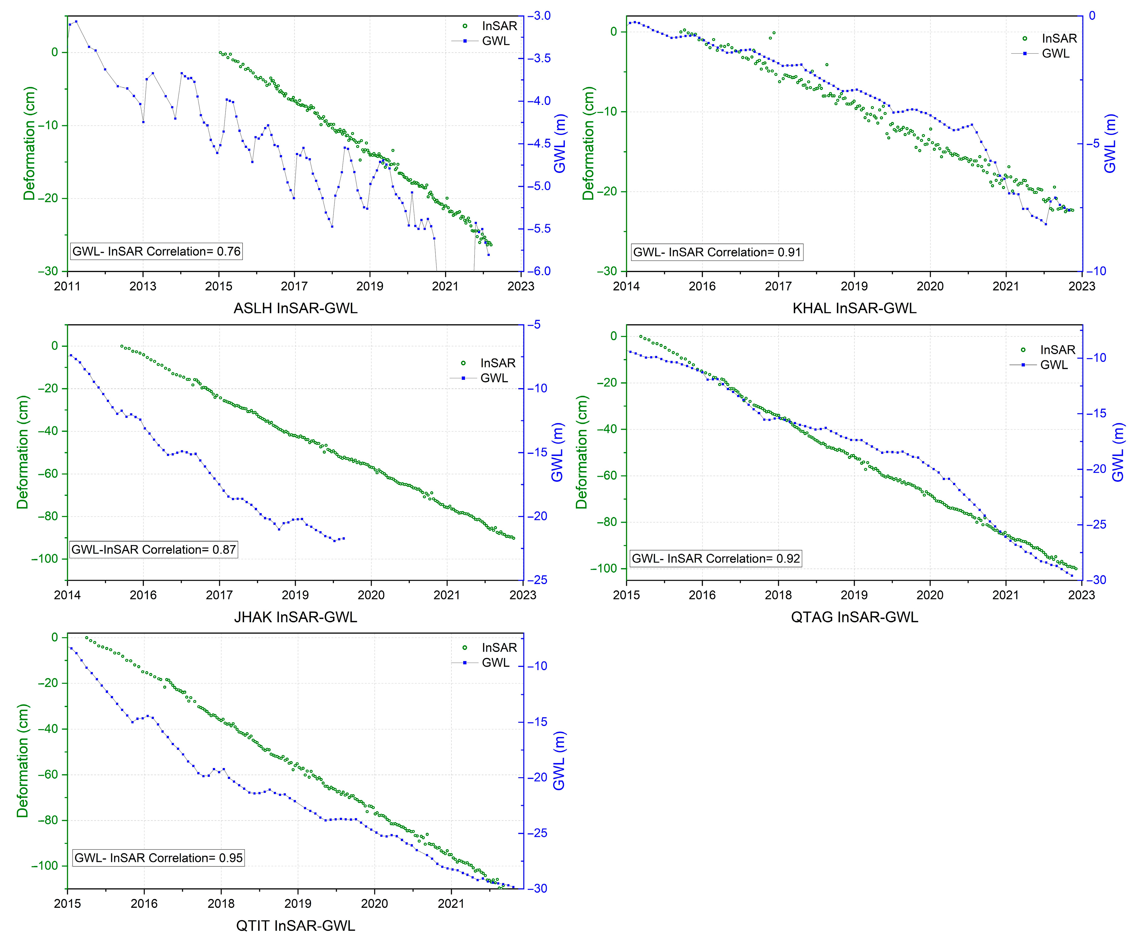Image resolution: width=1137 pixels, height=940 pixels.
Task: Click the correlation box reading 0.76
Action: [x=156, y=251]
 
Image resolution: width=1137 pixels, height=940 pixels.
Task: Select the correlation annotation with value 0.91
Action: [x=717, y=252]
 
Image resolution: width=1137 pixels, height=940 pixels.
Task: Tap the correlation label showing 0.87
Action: [x=154, y=550]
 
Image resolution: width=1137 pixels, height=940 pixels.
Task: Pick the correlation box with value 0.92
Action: [x=716, y=558]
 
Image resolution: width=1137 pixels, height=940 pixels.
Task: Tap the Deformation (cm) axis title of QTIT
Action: [x=22, y=761]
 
